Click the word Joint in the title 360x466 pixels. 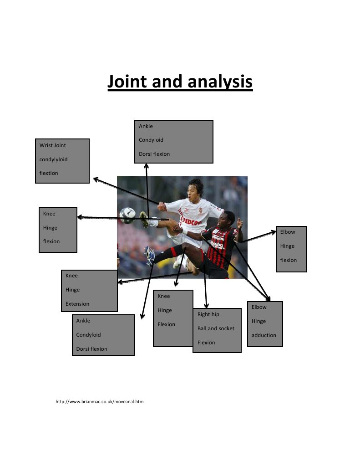coord(127,82)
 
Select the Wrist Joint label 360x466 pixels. coord(53,145)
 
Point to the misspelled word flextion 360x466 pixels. coord(49,173)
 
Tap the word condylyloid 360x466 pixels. coord(54,159)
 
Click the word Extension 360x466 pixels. coord(77,304)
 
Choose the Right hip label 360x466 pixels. coord(208,314)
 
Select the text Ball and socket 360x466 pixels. coord(216,328)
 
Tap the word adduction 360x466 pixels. coord(264,335)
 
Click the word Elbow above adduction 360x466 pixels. coord(259,307)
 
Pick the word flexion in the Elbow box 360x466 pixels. coord(288,260)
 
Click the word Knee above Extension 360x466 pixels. coord(71,276)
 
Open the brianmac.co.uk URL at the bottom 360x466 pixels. coord(99,402)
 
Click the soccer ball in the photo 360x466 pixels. coord(127,215)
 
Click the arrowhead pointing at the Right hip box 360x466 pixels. coord(206,305)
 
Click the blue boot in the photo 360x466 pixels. coord(150,256)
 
